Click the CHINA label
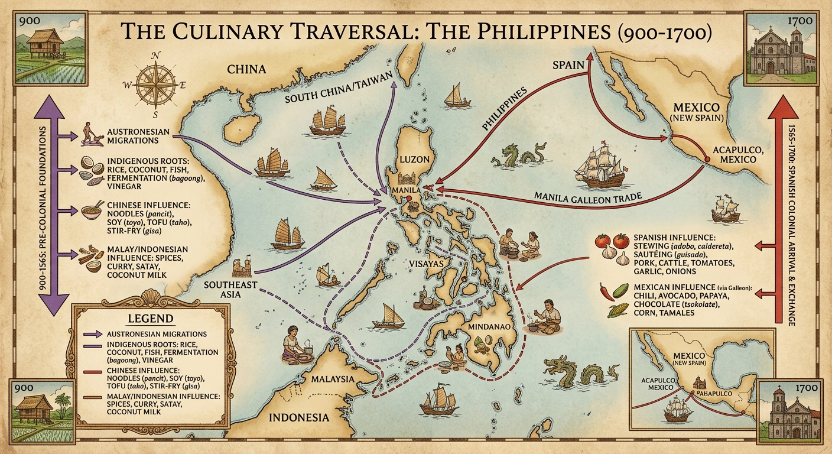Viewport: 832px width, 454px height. tap(246, 70)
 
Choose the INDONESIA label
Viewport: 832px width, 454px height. tap(299, 417)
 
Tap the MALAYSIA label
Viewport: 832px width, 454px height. tap(333, 379)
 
